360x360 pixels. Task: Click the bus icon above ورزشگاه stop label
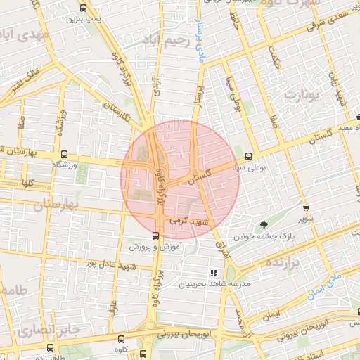coord(64,155)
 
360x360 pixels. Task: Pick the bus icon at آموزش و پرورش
coord(155,236)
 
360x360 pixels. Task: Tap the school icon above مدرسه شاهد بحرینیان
coord(214,273)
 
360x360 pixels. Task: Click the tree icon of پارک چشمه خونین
coord(264,225)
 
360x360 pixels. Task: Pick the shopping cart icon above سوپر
coord(305,208)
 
